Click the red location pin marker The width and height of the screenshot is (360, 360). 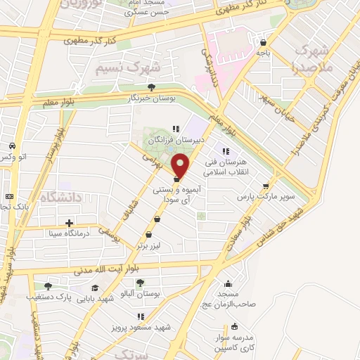pos(181,167)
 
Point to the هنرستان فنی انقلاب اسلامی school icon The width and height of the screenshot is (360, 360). pos(226,150)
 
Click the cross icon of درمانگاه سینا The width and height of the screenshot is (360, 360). pos(68,224)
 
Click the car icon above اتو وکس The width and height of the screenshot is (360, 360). pos(12,146)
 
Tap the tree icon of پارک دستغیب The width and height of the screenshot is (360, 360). pos(47,285)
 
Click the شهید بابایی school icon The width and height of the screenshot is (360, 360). pos(94,288)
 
